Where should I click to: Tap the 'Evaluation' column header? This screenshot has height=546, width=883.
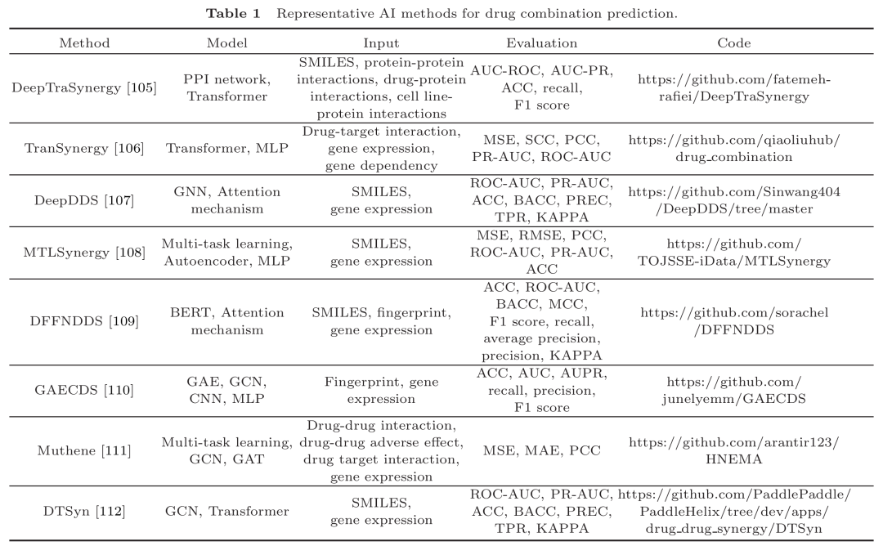(x=541, y=43)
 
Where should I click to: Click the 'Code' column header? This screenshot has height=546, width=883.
(x=733, y=43)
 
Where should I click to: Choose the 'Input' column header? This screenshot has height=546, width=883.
(x=381, y=43)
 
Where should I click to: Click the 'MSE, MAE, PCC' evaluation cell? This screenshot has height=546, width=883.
(x=541, y=450)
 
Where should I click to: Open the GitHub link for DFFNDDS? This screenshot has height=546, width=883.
(x=733, y=321)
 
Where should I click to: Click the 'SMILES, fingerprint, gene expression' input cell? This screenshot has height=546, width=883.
(x=381, y=321)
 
